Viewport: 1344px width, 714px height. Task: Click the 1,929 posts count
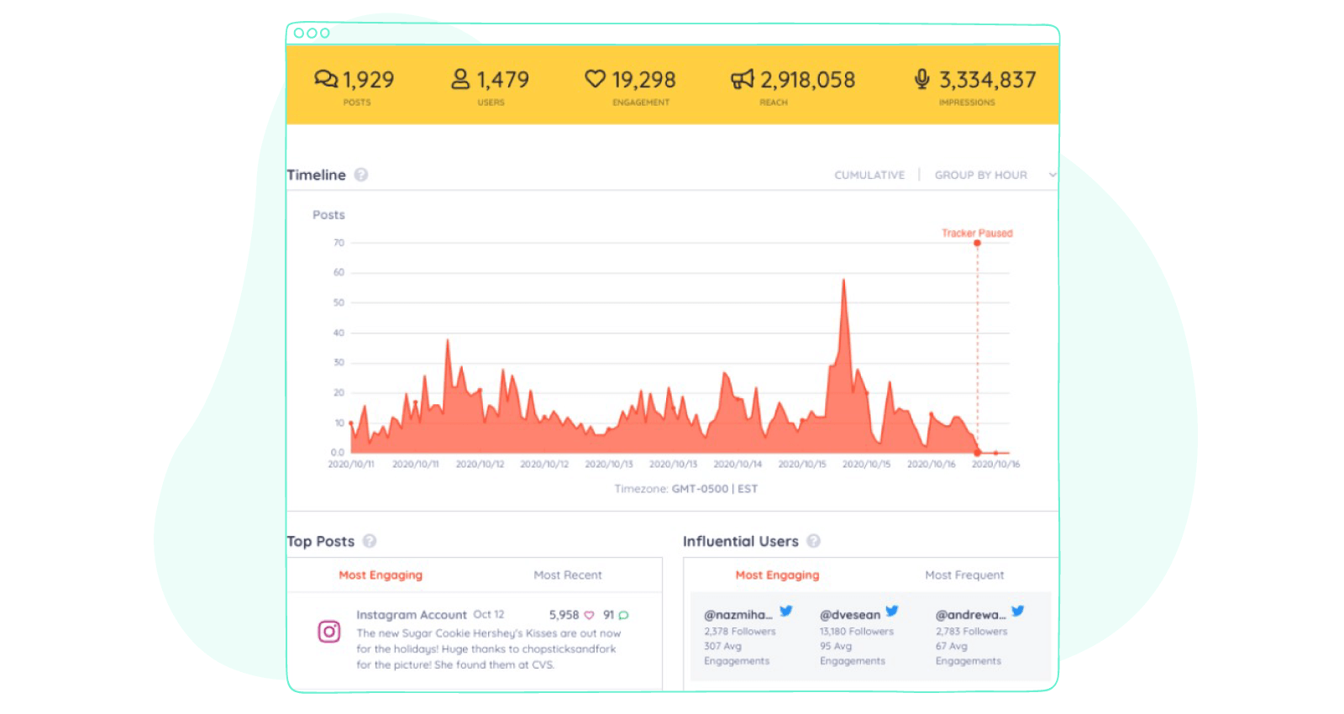click(x=368, y=80)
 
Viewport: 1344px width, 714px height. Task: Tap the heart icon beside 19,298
click(x=595, y=79)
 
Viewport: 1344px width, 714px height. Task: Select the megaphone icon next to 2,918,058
click(x=743, y=80)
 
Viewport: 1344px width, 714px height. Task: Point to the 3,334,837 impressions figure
click(x=987, y=80)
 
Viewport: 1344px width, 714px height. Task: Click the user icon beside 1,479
click(x=460, y=79)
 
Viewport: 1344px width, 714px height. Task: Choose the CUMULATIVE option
click(x=869, y=176)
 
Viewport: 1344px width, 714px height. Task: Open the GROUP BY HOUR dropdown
click(x=991, y=176)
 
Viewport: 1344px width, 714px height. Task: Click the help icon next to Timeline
click(x=361, y=175)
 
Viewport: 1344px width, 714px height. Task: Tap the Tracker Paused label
click(x=977, y=234)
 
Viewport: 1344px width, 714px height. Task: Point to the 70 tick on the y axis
click(x=339, y=243)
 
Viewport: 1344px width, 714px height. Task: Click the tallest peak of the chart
click(x=843, y=282)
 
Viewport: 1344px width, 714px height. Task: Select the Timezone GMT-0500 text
click(x=685, y=489)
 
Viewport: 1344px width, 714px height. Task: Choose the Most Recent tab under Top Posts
click(x=568, y=575)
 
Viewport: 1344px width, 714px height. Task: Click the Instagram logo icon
click(x=329, y=632)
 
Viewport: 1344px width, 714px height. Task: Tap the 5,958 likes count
click(x=564, y=615)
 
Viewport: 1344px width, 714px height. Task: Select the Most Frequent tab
click(x=964, y=575)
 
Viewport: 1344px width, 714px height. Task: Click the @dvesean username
click(x=850, y=615)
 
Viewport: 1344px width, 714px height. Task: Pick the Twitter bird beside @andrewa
click(x=1017, y=612)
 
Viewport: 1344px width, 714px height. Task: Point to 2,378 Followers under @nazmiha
click(x=740, y=632)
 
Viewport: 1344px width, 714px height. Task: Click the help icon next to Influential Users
click(x=813, y=542)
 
